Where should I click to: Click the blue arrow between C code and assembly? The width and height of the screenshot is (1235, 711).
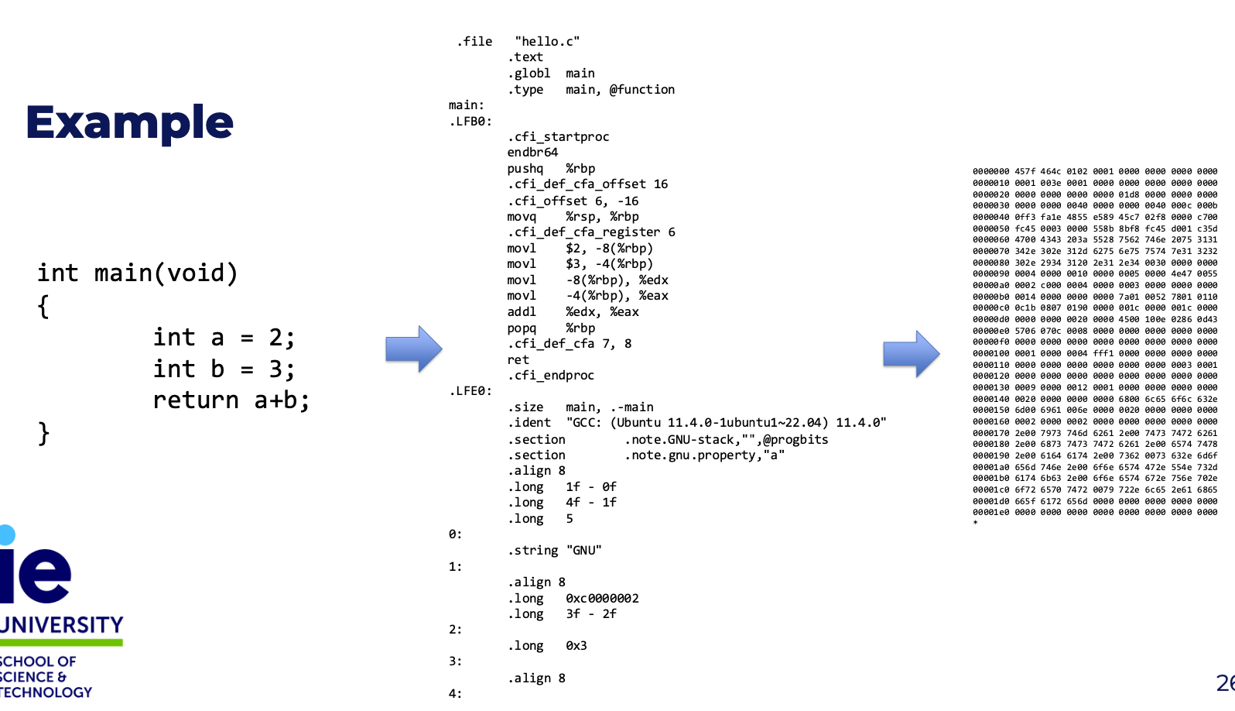[414, 349]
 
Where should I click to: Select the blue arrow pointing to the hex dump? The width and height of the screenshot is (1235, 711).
[912, 353]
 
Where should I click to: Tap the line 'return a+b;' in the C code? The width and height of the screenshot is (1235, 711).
[231, 400]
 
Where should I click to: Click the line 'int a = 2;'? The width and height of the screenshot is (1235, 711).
[224, 337]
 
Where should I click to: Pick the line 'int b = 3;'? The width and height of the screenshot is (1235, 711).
[224, 369]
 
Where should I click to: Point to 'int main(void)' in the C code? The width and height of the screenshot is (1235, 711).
[137, 273]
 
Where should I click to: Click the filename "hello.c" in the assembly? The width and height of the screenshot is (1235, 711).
[547, 41]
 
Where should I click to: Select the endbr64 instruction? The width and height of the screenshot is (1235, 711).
[532, 153]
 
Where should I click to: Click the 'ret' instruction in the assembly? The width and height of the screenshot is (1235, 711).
[518, 360]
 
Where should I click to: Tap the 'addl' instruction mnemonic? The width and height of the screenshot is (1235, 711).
[522, 312]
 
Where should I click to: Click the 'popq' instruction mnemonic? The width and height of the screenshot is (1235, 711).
[522, 328]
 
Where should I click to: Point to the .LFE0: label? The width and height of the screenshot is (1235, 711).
[470, 391]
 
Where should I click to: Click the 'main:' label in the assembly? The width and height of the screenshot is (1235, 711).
[467, 105]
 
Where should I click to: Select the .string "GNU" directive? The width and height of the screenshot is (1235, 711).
[555, 551]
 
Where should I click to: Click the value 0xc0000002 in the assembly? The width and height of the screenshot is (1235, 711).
[602, 599]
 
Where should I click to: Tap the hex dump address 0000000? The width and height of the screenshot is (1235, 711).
[990, 172]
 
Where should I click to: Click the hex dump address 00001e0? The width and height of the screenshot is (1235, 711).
[990, 512]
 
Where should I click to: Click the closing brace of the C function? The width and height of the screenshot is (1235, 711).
[43, 434]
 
